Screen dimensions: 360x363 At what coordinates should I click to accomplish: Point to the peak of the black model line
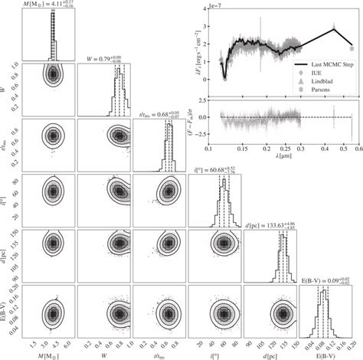[x=333, y=28]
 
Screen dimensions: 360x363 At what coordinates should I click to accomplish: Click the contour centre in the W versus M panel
[x=51, y=75]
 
